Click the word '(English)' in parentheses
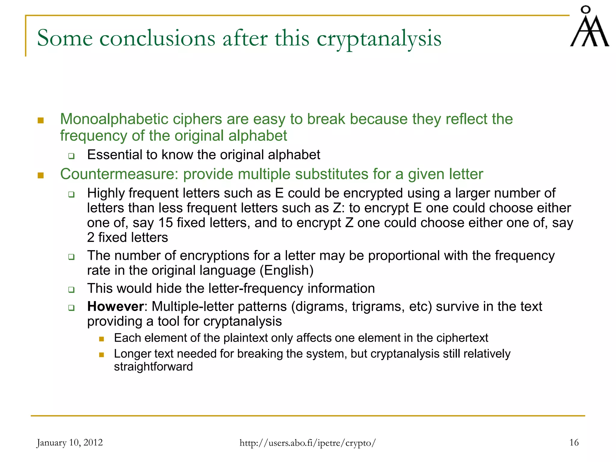[287, 270]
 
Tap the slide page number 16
[574, 442]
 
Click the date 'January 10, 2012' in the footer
[69, 442]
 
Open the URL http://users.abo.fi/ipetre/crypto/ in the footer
[308, 443]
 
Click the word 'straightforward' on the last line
[153, 367]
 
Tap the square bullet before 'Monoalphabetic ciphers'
[41, 121]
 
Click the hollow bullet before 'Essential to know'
[71, 156]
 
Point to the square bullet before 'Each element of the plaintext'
[101, 339]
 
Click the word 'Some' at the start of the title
[65, 38]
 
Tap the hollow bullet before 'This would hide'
[71, 290]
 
